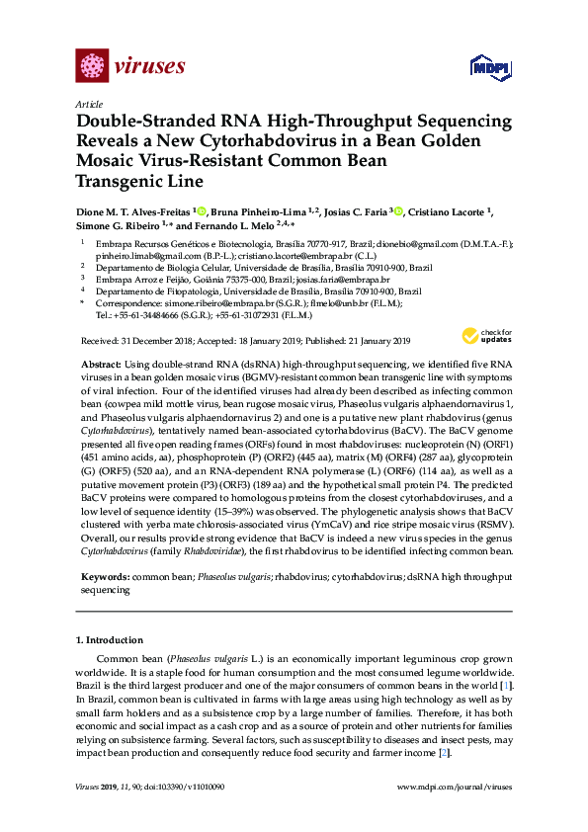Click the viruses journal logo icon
(x=92, y=66)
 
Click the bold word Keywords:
(x=103, y=575)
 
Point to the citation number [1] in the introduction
(x=506, y=686)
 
